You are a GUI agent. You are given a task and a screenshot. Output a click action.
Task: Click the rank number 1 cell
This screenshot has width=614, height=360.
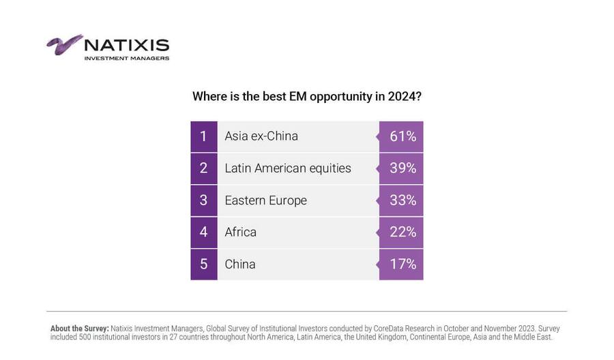coord(203,136)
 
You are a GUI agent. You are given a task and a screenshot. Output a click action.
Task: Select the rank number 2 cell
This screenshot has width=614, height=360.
coord(203,168)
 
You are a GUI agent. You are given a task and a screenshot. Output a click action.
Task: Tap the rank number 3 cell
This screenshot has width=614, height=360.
coord(203,200)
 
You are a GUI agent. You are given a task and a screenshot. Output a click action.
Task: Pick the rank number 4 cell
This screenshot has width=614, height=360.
coord(203,232)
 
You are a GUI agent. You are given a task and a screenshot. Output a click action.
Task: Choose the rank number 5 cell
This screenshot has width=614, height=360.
coord(203,264)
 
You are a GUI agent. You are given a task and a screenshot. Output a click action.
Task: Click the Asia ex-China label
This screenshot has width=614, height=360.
coord(261,136)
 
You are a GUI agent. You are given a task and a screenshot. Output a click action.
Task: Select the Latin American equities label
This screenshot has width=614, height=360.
coord(288,168)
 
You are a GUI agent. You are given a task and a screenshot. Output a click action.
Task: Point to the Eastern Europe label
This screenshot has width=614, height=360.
coord(265,200)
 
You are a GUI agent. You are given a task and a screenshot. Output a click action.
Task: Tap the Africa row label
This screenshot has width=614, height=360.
coord(241,232)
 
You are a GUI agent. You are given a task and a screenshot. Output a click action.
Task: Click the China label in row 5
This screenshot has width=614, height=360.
coord(240,264)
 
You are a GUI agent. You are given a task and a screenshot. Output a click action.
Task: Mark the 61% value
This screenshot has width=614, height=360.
coord(403,136)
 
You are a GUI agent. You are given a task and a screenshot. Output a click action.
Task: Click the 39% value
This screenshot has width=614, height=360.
coord(403,168)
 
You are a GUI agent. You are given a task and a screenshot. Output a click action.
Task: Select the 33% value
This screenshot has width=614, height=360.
coord(403,200)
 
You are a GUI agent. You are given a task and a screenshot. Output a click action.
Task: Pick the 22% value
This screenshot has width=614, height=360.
coord(403,232)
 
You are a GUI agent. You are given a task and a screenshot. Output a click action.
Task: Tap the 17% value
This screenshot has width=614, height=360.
coord(403,264)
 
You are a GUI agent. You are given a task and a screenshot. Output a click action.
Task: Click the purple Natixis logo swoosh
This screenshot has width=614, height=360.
coord(64,44)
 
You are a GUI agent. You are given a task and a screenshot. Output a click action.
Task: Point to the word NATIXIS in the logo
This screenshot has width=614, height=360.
coord(126,46)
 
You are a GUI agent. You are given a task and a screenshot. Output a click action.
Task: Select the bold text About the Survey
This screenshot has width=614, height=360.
coord(79,329)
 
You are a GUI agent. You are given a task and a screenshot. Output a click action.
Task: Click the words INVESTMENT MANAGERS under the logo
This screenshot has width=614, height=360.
coord(126,59)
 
